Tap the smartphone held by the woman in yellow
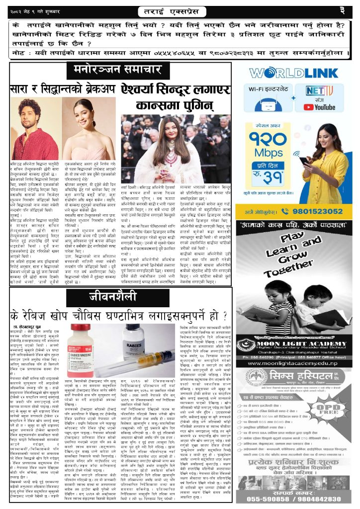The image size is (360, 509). (303, 161)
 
